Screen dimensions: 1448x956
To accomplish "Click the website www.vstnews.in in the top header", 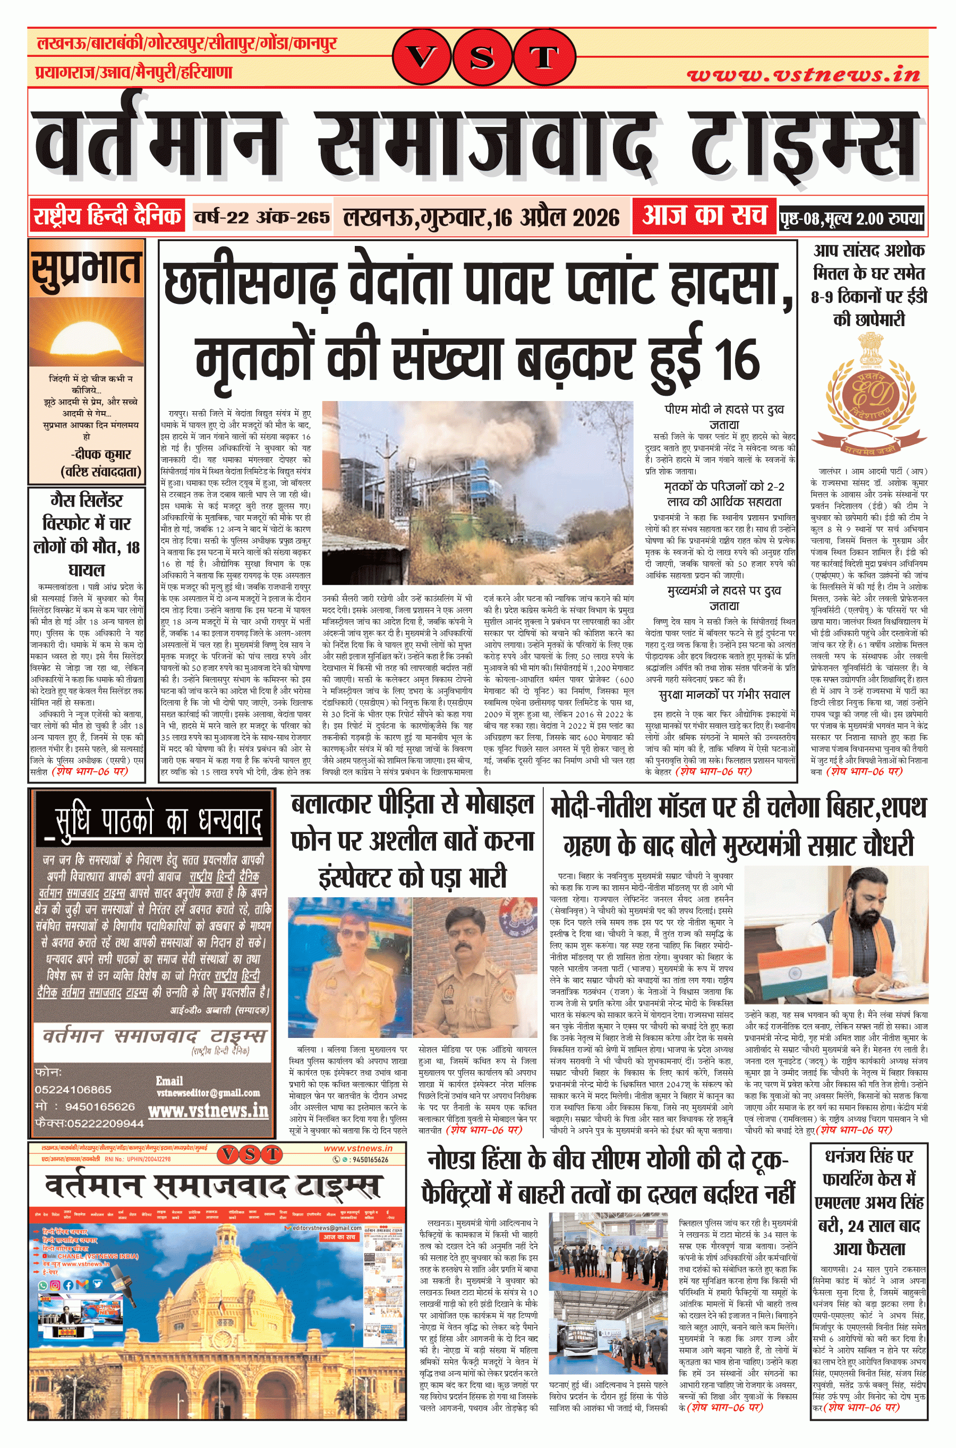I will [x=803, y=75].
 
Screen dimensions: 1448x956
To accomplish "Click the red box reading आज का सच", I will [x=704, y=216].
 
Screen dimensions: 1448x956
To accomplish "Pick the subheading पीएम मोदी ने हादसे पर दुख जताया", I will [x=724, y=416].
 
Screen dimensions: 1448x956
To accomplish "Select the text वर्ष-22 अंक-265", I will [x=262, y=218].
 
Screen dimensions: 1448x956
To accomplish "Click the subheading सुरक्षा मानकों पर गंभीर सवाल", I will [x=724, y=695].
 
